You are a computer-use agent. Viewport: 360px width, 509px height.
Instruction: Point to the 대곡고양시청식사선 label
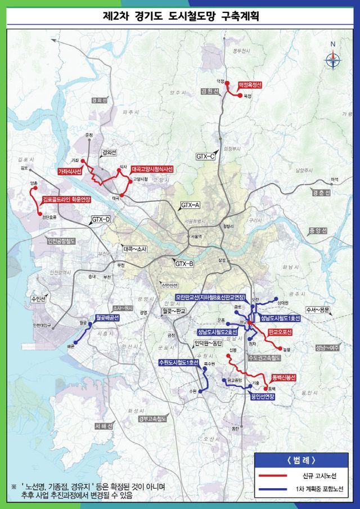152,169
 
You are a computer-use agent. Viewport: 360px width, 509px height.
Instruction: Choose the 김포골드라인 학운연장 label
66,199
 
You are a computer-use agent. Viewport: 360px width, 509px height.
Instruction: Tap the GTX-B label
184,263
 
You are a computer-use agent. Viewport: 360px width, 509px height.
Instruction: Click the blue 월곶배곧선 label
107,318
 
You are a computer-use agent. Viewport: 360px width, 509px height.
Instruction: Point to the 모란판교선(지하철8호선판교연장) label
210,297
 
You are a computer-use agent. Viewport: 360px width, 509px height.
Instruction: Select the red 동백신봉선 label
284,377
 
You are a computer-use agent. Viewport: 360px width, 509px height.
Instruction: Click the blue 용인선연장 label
263,396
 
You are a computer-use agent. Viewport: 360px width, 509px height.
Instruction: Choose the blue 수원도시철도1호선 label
179,362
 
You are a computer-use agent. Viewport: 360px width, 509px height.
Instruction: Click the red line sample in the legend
274,475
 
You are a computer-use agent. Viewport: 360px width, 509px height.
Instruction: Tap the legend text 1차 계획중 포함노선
319,488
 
